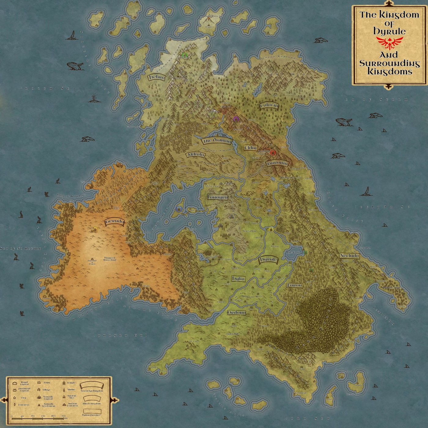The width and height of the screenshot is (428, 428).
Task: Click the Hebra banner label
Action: pyautogui.click(x=157, y=77)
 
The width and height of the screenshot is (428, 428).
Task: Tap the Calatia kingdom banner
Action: pyautogui.click(x=269, y=106)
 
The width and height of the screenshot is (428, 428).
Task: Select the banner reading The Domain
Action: pyautogui.click(x=217, y=141)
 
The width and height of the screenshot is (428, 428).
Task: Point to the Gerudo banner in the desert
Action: pyautogui.click(x=114, y=221)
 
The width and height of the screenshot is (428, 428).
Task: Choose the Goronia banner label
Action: pyautogui.click(x=278, y=163)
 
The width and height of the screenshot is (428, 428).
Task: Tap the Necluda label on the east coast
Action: pyautogui.click(x=349, y=256)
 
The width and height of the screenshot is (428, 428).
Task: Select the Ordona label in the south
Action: pyautogui.click(x=236, y=313)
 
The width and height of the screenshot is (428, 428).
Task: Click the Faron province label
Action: pyautogui.click(x=295, y=285)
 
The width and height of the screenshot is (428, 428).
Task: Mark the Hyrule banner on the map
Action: pyautogui.click(x=268, y=260)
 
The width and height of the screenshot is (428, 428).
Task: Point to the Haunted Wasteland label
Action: pyautogui.click(x=110, y=259)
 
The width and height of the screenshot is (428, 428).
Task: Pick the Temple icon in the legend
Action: pyautogui.click(x=64, y=383)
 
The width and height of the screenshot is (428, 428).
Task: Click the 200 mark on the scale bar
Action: pyautogui.click(x=64, y=416)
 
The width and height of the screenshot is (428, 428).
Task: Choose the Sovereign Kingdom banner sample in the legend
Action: pyautogui.click(x=91, y=385)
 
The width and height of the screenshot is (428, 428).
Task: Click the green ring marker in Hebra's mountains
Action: pyautogui.click(x=184, y=55)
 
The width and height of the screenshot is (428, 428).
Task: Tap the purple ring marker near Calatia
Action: pyautogui.click(x=235, y=119)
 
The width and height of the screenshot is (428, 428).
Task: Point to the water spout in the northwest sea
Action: pyautogui.click(x=94, y=98)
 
